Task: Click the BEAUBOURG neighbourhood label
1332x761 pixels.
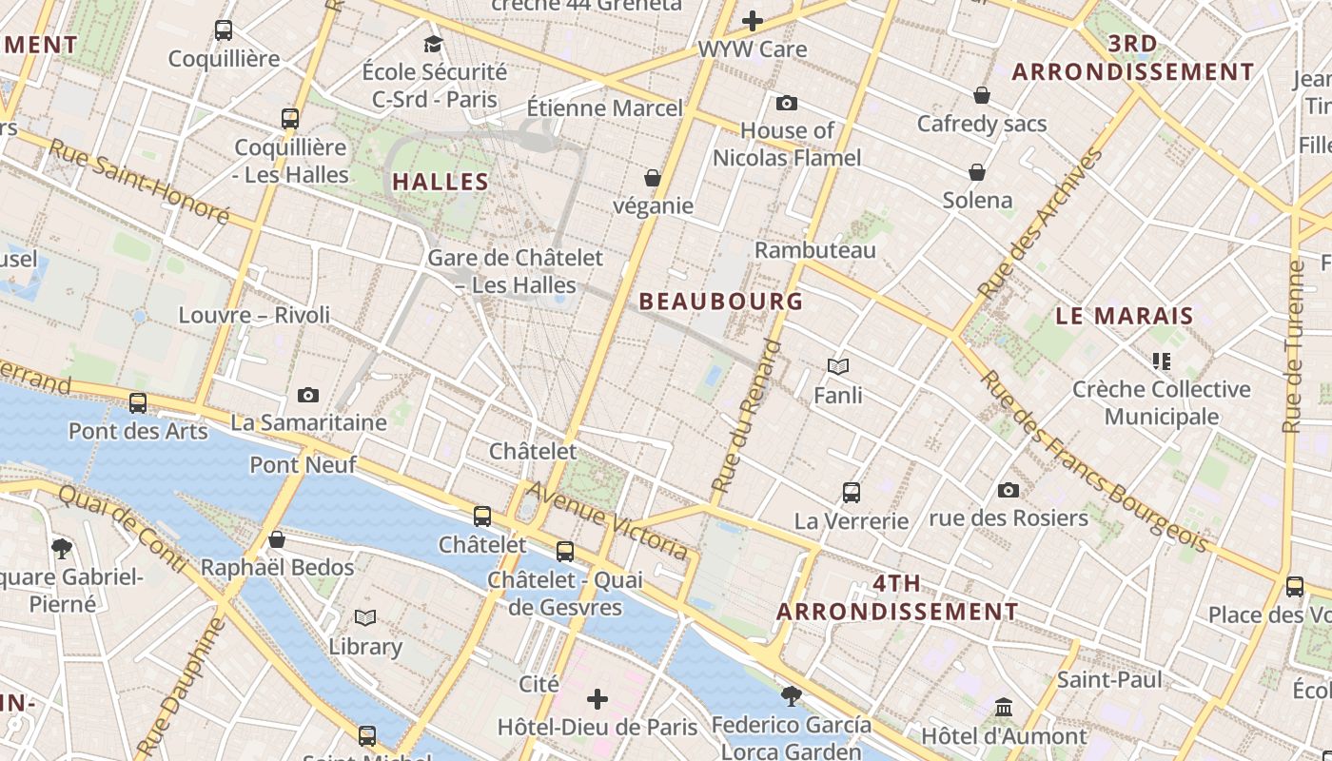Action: [721, 302]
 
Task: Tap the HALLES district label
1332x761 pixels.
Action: [441, 182]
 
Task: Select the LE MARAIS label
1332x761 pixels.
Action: [1125, 316]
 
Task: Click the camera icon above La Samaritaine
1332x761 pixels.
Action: [308, 395]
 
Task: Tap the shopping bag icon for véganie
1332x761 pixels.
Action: [653, 178]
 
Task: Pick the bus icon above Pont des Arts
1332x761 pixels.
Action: [138, 403]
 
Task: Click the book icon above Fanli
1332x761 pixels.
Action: [838, 366]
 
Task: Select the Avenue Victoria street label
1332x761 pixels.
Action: [607, 520]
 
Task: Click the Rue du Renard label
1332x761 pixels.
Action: [746, 416]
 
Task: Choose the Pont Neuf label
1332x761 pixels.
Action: [303, 465]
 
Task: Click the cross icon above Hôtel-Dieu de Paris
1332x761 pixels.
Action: [597, 700]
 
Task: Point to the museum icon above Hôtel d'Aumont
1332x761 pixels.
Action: [1004, 708]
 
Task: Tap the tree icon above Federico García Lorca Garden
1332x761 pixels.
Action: [791, 695]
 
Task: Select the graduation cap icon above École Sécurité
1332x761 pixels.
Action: [433, 44]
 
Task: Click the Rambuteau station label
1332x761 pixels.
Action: [814, 250]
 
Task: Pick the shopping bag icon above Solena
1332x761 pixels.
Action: [977, 172]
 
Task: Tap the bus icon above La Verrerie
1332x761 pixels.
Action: [852, 493]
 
